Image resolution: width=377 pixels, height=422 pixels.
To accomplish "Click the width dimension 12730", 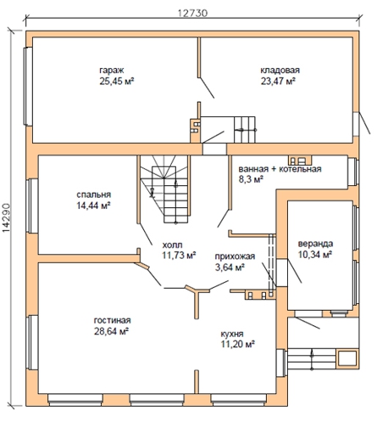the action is click(x=193, y=14).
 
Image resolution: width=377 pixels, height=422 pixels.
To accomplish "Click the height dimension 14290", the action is click(x=6, y=217).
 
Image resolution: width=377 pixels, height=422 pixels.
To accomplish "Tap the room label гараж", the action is click(x=112, y=70).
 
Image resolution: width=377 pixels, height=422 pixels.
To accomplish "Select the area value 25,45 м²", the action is click(x=116, y=82).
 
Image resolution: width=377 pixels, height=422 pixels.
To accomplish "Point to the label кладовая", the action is click(x=280, y=70).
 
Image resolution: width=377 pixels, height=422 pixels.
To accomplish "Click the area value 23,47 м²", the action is click(x=278, y=82).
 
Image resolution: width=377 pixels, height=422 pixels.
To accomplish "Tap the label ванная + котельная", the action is click(x=280, y=169).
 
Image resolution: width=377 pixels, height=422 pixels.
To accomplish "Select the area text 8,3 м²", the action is click(x=251, y=179).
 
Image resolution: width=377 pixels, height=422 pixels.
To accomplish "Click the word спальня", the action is click(x=94, y=194).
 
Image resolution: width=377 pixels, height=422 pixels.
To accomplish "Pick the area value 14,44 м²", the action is click(x=93, y=205).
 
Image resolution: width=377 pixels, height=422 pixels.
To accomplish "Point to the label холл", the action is click(x=172, y=245).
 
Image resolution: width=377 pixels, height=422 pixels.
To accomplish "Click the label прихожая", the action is click(x=235, y=256).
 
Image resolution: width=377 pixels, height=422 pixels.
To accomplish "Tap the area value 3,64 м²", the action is click(x=230, y=267).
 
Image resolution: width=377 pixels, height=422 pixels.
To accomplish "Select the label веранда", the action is click(x=315, y=244).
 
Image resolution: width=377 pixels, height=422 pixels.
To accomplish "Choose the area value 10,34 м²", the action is click(x=315, y=255).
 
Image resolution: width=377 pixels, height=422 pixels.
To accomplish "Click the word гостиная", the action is click(x=112, y=320).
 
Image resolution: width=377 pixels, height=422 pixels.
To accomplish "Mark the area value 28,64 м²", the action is click(x=112, y=331).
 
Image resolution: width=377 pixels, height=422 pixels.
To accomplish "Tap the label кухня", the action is click(x=232, y=334).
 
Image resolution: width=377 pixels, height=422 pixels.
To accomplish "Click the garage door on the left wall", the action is click(x=28, y=87).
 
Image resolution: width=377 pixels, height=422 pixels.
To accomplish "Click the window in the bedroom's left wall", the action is click(x=32, y=205).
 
